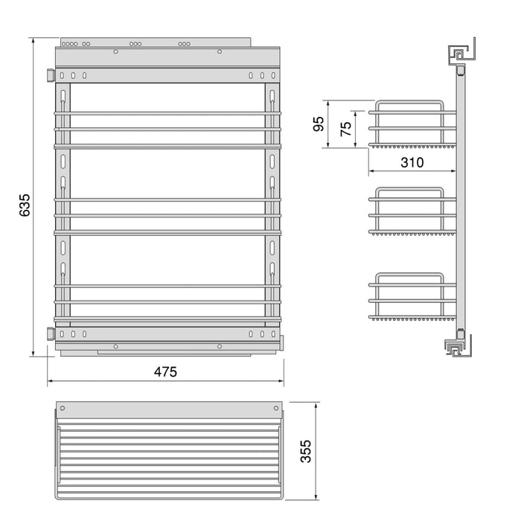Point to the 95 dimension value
[319, 124]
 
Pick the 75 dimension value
[345, 128]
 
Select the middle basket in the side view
[413, 212]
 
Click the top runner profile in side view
[458, 55]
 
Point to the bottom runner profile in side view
[456, 347]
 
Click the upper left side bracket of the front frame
[50, 75]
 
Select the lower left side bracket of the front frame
[50, 333]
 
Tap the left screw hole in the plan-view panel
[63, 409]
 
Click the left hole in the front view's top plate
[115, 52]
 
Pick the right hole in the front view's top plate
[219, 52]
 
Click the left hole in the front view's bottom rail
[115, 346]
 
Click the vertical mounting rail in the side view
[461, 201]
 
